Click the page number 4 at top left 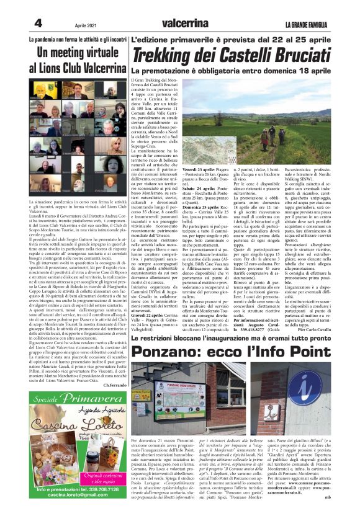pyautogui.click(x=37, y=23)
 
